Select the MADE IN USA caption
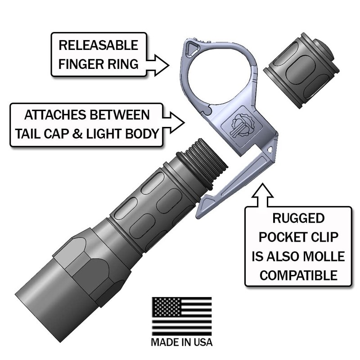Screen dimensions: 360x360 182,342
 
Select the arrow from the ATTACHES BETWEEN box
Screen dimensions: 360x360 173,121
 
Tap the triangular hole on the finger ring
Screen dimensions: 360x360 193,46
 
